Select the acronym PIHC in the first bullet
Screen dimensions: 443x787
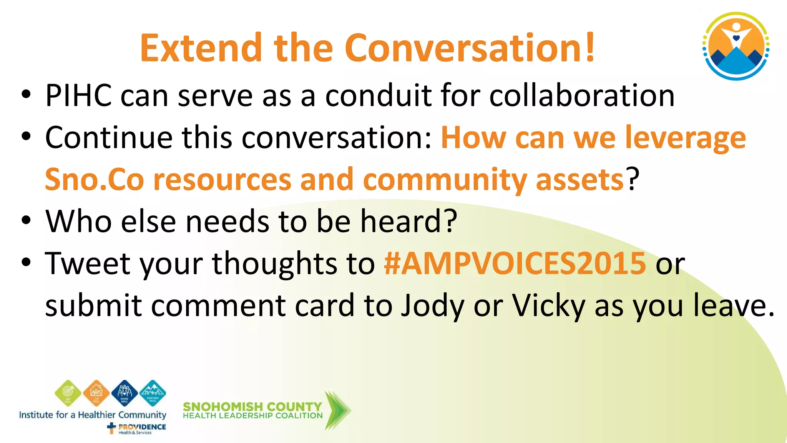[78, 95]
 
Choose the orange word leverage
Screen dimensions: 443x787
[685, 138]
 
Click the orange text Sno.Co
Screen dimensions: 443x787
[95, 180]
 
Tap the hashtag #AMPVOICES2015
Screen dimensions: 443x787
[515, 263]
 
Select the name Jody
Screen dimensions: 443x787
[432, 306]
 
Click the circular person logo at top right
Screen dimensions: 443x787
[736, 46]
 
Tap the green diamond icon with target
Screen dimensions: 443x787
[68, 393]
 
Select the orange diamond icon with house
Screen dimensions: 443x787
[96, 393]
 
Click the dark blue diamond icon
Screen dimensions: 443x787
[125, 393]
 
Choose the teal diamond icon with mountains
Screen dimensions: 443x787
[153, 393]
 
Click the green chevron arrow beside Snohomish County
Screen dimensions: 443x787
[337, 410]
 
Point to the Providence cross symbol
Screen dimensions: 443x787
[111, 428]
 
